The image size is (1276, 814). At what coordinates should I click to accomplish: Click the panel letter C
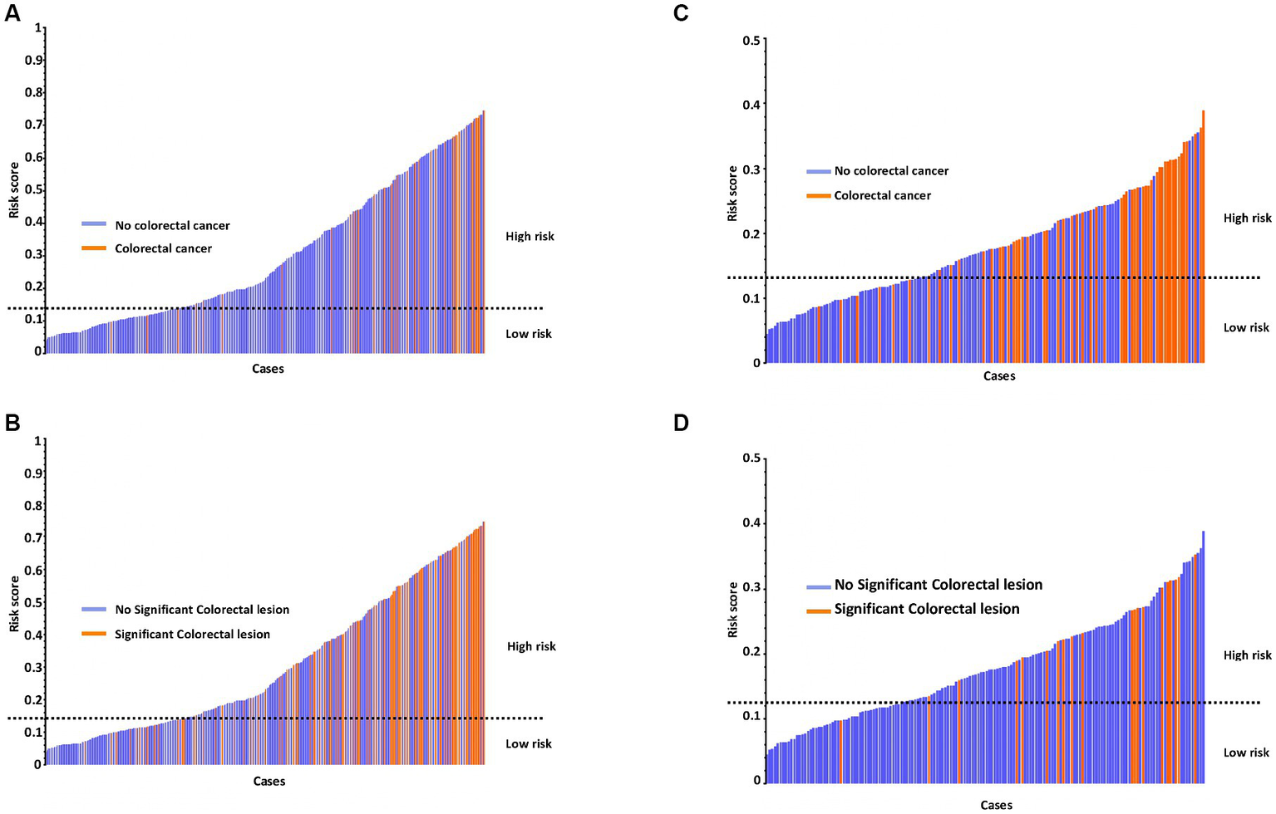point(681,14)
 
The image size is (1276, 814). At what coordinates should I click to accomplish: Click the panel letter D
point(681,424)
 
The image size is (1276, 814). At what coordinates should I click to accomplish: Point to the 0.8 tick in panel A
point(33,92)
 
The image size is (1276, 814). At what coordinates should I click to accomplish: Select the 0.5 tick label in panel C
point(751,40)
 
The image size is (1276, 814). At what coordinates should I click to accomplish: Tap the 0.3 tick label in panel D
point(751,588)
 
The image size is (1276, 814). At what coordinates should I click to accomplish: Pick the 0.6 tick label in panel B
point(33,571)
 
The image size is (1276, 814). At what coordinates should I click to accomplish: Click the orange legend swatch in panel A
point(93,248)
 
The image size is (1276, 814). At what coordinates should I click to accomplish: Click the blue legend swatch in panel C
point(818,171)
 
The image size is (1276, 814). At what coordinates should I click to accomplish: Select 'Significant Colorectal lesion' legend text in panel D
point(926,609)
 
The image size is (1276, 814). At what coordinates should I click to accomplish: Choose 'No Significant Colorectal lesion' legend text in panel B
point(202,610)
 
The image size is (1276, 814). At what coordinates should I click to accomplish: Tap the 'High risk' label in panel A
point(530,237)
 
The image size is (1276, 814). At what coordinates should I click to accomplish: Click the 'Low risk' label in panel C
point(1246,328)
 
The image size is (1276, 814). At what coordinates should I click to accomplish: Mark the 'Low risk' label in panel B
point(529,744)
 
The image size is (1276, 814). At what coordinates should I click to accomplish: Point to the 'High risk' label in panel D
point(1247,655)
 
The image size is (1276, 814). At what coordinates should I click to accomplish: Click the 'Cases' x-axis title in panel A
point(268,369)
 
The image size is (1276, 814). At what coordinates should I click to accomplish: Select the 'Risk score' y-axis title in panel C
point(732,193)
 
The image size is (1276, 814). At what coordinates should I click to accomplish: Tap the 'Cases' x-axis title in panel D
point(996,805)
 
